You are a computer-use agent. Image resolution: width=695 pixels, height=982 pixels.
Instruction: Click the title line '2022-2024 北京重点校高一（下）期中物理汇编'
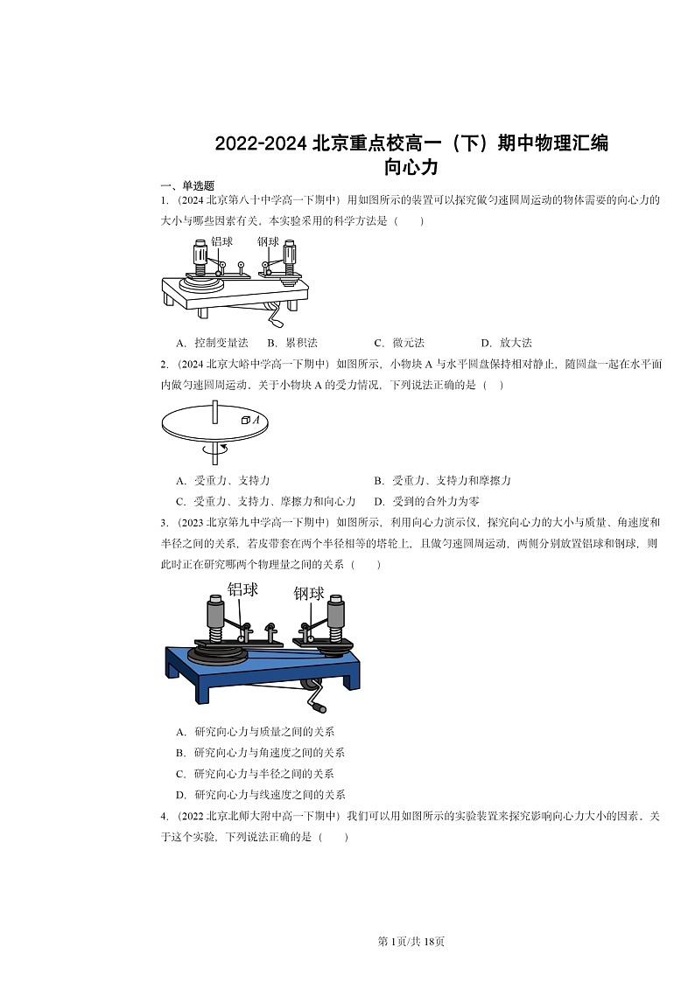point(411,143)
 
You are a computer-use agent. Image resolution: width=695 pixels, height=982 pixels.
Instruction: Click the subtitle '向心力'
point(411,166)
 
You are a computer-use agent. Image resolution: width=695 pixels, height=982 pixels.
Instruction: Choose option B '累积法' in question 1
point(292,343)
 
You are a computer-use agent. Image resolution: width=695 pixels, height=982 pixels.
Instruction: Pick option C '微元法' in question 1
point(399,343)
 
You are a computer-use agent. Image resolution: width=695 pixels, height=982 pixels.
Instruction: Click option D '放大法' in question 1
point(507,343)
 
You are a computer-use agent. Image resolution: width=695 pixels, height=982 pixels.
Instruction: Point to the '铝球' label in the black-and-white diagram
point(221,241)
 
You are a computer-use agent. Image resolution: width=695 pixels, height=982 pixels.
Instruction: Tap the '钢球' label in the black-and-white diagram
point(269,241)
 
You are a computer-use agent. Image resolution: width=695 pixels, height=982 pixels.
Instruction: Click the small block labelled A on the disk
point(246,421)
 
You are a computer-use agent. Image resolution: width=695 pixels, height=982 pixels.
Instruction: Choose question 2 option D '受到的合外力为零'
point(426,501)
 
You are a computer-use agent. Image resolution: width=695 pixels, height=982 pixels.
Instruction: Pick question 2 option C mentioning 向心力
point(265,501)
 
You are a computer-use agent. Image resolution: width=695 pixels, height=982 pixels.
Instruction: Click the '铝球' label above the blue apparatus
point(243,589)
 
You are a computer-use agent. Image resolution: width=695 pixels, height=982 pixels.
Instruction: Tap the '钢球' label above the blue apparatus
point(310,594)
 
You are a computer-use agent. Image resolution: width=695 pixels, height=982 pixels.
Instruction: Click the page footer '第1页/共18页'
point(411,941)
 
